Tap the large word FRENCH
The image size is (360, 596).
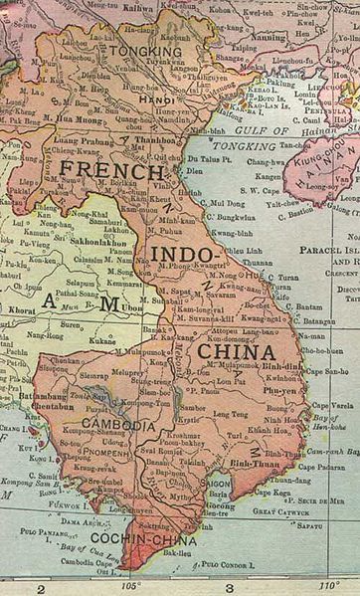99,170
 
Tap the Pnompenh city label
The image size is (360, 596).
111,451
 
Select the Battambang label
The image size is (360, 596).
28,394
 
